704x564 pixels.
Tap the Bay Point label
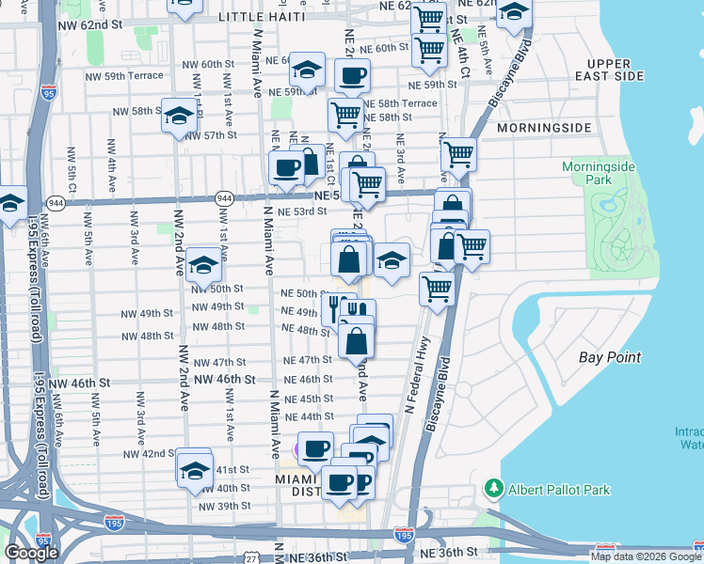tap(610, 357)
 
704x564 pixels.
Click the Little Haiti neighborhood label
tap(261, 17)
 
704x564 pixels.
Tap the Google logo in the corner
tap(31, 553)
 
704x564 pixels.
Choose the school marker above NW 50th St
tap(203, 265)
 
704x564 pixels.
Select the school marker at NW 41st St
tap(194, 468)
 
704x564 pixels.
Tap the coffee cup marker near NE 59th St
tap(352, 76)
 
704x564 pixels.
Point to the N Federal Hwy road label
tap(415, 375)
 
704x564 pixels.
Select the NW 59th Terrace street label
tap(124, 75)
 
